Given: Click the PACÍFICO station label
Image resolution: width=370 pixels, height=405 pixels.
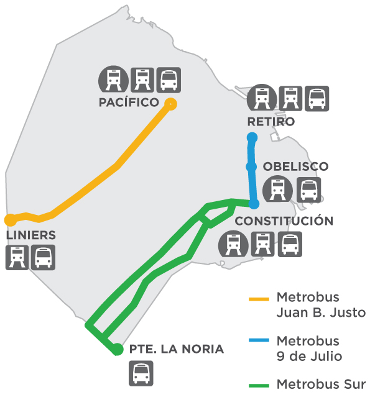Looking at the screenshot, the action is coord(129,102).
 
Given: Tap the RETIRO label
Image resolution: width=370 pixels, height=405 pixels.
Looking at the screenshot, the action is coord(271,122).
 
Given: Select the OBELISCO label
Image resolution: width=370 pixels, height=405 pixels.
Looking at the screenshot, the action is coord(295,166).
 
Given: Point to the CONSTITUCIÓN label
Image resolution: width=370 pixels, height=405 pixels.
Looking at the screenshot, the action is coord(284,221).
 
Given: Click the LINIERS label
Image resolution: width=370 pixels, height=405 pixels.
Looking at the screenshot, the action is coord(30,235).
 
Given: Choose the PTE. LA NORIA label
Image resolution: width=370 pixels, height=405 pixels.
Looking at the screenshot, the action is coord(177,349).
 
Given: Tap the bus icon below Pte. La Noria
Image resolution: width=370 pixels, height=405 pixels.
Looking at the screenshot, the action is coord(141,373).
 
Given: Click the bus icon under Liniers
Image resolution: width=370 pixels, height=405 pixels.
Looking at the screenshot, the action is coord(43,258).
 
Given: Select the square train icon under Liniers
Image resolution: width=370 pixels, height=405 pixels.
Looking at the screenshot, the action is coord(17,258).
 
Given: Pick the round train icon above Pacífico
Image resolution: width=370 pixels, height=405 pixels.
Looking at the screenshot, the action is coord(113,80).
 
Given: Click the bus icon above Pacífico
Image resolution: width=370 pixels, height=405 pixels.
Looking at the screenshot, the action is coord(169,80).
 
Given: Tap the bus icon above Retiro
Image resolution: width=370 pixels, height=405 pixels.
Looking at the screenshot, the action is coord(317,99).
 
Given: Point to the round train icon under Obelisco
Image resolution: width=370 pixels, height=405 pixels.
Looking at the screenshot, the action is coord(277,189).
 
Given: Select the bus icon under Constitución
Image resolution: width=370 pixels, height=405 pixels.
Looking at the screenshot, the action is coord(290,244).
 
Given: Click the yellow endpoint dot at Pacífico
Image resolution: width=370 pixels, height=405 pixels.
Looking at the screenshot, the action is coord(170,104).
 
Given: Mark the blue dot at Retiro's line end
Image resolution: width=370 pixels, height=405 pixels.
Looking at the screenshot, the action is coord(252,138).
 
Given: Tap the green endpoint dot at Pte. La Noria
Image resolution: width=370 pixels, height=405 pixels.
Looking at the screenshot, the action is coord(118,349).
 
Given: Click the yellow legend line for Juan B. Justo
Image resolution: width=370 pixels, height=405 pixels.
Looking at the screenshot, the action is coord(259,299).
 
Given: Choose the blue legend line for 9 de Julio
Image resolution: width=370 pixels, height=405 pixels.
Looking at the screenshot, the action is coord(259,340).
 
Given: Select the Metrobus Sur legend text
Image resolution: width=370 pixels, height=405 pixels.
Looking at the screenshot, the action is coord(321,384).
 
